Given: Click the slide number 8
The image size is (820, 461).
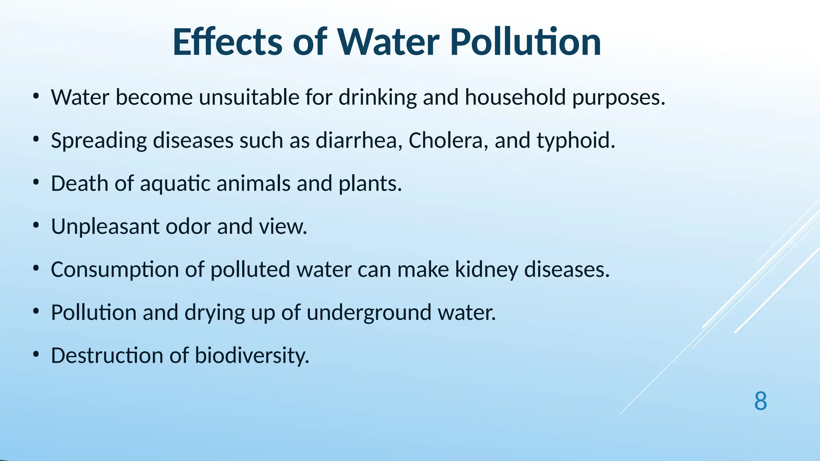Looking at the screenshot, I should tap(760, 401).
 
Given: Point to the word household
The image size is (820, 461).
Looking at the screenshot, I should tap(515, 97).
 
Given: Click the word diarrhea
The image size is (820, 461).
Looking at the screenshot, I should tap(359, 140).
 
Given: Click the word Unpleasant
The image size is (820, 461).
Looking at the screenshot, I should tap(105, 227).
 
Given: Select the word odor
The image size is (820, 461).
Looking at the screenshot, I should tap(188, 226).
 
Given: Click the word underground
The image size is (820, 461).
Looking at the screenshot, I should tap(369, 313).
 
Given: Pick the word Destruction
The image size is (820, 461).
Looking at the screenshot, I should tap(107, 355).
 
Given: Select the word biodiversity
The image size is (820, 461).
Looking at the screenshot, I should tap(252, 356).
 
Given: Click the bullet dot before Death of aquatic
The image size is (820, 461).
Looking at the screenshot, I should tap(36, 183).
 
